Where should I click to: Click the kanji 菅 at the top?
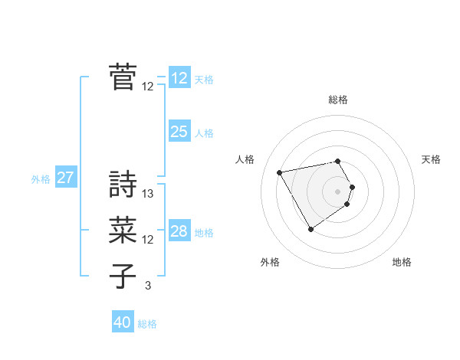coord(123,77)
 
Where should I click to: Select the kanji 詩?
coord(123,185)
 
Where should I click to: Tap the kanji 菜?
coord(123,231)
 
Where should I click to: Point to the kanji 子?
coord(123,277)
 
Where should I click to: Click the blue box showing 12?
coord(179,78)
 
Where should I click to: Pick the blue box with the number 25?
coord(179,132)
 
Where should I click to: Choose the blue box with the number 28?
coord(179,231)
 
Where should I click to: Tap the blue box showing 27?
coord(65,178)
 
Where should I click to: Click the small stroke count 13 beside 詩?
coord(148,194)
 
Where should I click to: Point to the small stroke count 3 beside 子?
coord(148,286)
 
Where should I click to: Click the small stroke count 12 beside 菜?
coord(148,240)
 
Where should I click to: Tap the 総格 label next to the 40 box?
coord(147,324)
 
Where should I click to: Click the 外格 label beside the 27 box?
coord(41,179)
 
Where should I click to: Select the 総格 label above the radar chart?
coord(338,100)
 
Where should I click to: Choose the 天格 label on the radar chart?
coord(431,159)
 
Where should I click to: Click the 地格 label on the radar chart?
coord(402,262)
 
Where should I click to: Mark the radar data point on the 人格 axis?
coord(280,172)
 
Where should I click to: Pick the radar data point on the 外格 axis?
coord(310,229)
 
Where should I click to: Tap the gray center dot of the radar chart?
coord(338,191)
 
